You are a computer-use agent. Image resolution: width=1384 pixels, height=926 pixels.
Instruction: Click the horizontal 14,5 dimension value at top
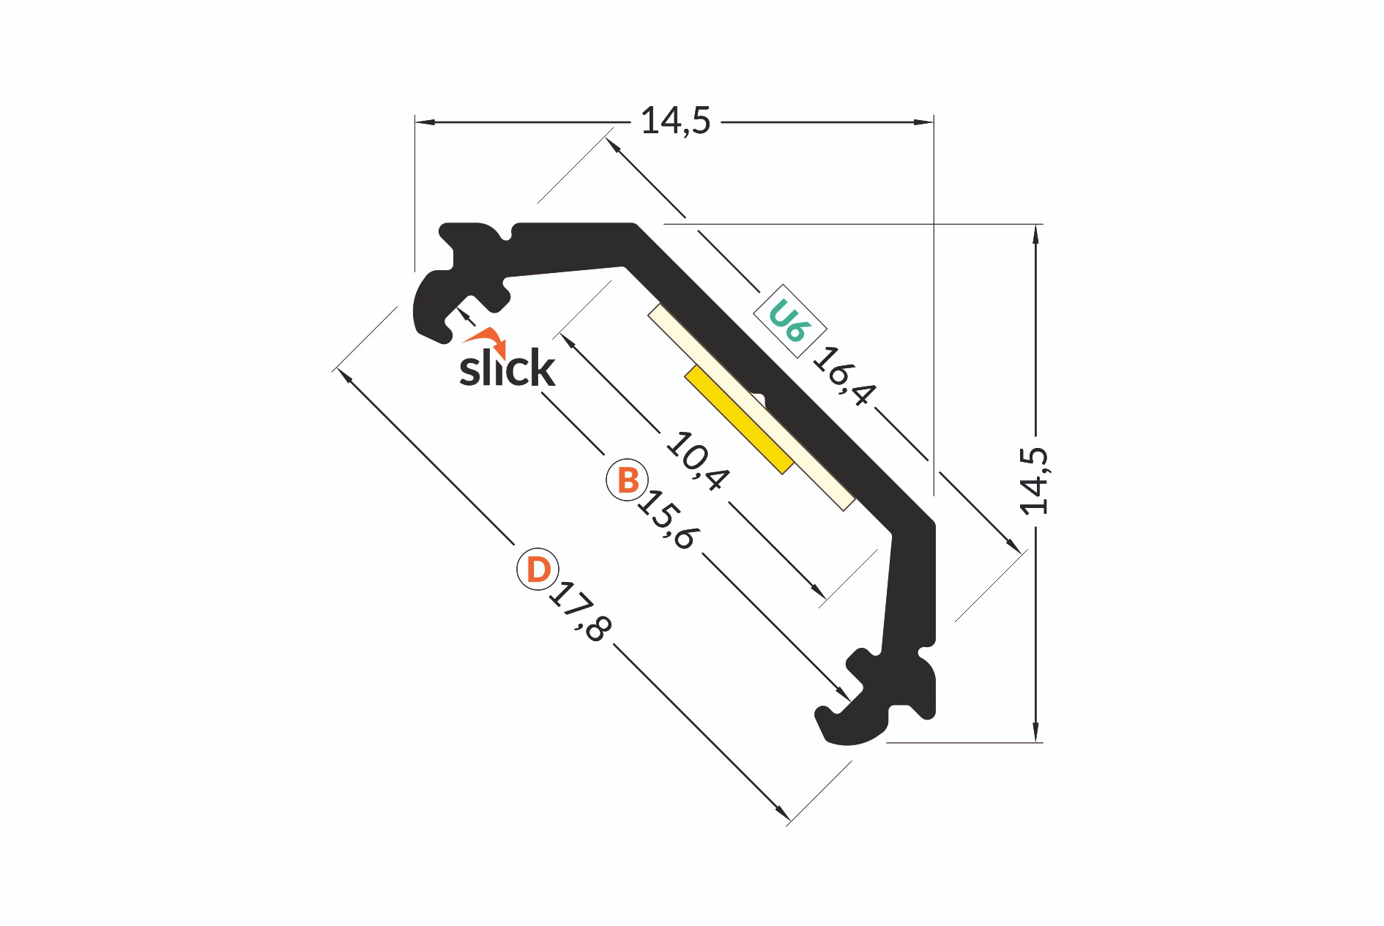point(675,122)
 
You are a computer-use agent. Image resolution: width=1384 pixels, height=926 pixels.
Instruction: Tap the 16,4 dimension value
point(844,376)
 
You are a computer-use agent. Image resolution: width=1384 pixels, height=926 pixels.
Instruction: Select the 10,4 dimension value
point(698,461)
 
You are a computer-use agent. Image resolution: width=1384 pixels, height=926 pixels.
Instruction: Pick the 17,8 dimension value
point(579,612)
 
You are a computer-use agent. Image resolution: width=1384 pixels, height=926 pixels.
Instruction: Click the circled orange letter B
point(628,480)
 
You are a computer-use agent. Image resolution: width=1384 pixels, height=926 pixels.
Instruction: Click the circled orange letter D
point(538,569)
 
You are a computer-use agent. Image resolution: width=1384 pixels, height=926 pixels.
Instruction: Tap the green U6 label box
point(790,321)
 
